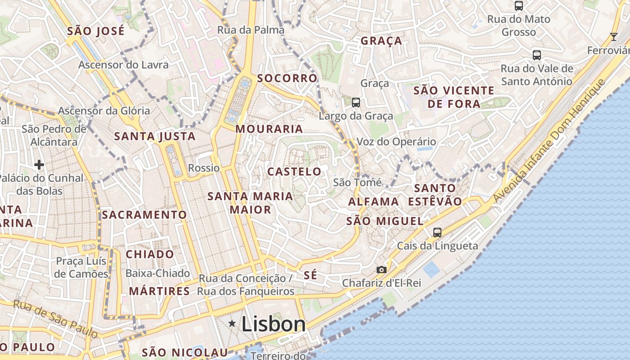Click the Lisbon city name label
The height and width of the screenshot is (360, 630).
[274, 324]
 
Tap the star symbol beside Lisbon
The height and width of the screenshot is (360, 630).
[232, 323]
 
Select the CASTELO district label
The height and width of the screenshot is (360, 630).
[294, 171]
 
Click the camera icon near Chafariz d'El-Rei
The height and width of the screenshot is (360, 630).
[382, 270]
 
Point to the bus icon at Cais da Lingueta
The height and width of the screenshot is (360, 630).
[437, 233]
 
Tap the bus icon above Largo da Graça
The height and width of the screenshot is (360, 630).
[356, 103]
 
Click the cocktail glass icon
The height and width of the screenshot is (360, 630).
[613, 36]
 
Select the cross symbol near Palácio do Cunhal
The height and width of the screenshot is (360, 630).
[39, 165]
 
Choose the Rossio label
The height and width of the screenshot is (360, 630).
[204, 168]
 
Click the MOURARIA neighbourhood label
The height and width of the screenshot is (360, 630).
[269, 129]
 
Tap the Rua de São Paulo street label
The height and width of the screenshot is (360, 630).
[55, 319]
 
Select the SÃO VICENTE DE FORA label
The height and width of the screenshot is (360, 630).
[454, 97]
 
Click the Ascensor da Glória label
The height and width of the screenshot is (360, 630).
[104, 111]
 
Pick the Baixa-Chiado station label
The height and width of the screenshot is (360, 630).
[157, 273]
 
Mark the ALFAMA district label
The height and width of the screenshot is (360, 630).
[373, 202]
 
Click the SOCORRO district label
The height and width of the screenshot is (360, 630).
[287, 78]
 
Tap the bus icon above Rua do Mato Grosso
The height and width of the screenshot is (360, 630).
[519, 6]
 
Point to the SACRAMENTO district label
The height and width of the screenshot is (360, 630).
[144, 215]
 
